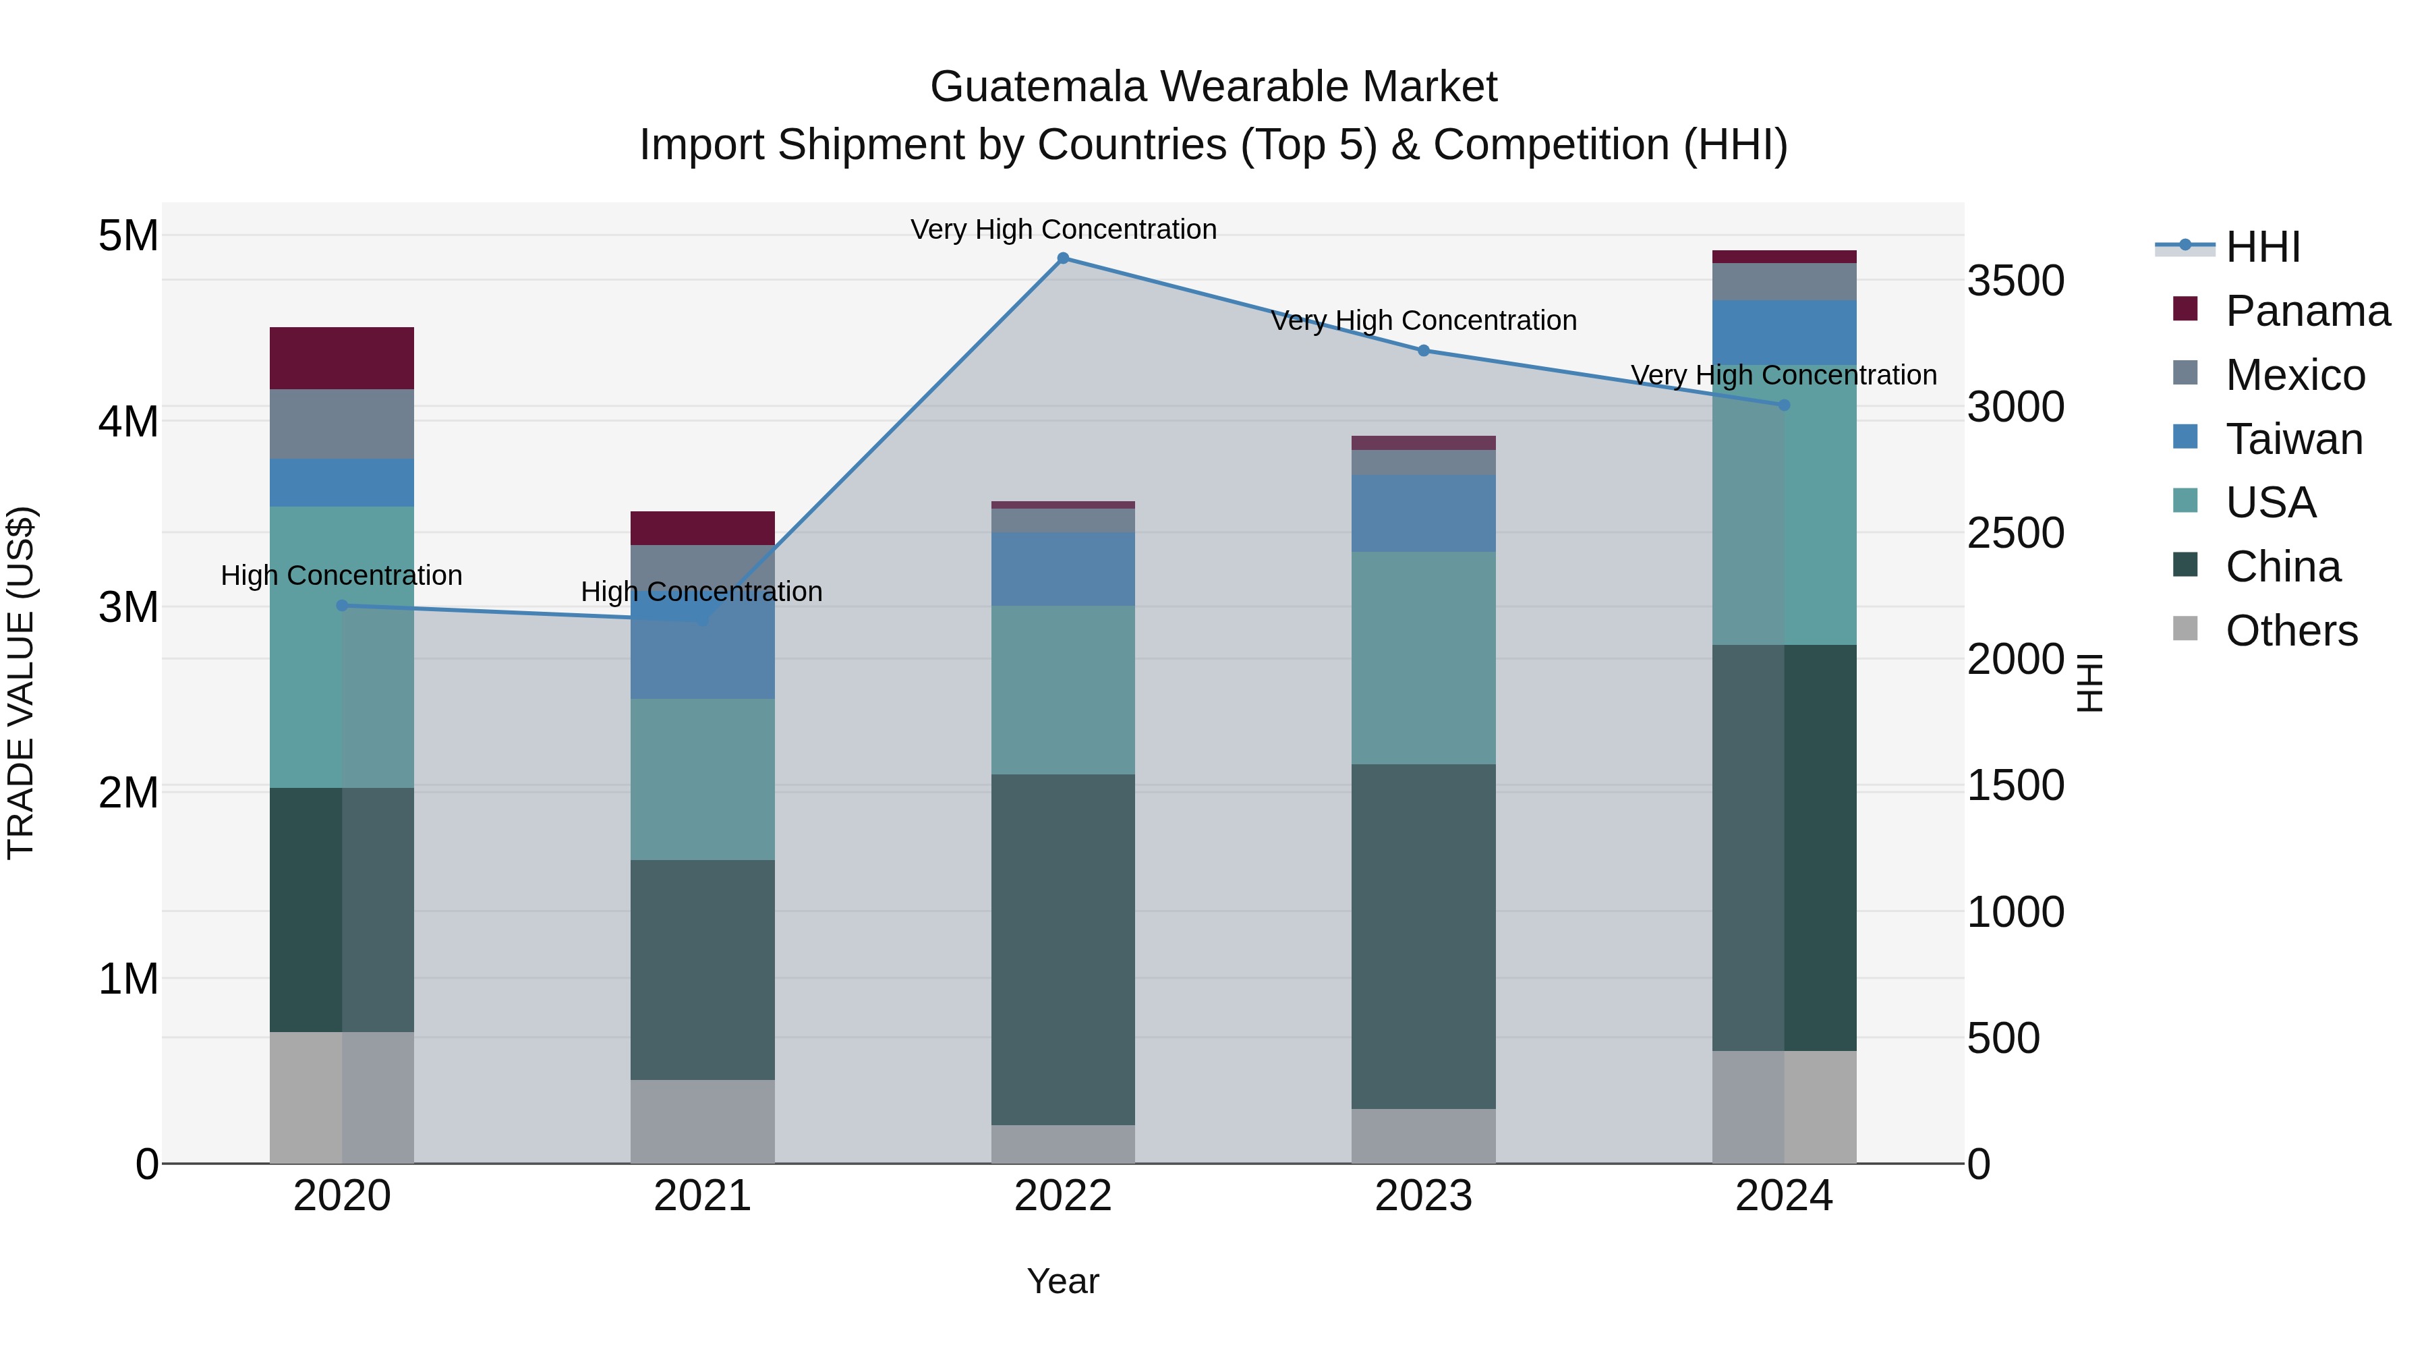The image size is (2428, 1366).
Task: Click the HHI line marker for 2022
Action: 1063,258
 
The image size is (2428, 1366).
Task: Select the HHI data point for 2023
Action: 1423,351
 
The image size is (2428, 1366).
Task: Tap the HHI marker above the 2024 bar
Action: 1783,405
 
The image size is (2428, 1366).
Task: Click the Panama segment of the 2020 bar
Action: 342,358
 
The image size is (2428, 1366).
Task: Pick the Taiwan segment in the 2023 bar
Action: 1423,514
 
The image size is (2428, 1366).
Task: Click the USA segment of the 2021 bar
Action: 702,780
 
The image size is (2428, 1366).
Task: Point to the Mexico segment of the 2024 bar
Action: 1783,282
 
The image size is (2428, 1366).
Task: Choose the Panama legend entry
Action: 2307,311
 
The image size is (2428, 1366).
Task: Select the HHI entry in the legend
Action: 2262,247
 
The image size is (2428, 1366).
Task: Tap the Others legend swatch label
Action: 2290,631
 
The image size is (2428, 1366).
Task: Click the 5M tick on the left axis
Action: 128,235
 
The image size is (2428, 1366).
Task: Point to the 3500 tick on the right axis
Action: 2015,281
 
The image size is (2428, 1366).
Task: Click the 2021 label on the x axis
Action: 702,1196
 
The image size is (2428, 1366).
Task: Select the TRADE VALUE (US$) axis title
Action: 21,683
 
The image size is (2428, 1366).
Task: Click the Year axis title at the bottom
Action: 1062,1281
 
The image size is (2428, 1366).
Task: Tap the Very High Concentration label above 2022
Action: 1063,229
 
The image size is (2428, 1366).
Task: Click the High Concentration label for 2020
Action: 341,575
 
